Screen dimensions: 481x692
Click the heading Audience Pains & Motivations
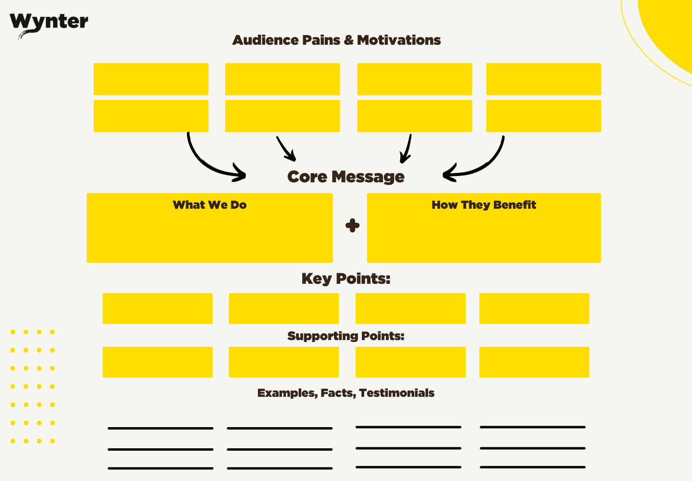tap(336, 40)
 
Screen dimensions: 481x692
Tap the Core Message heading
tap(346, 177)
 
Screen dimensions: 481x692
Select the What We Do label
tap(210, 205)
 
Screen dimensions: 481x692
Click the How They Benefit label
tap(483, 205)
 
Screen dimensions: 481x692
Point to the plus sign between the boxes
tap(352, 226)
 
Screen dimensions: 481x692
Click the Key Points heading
tap(346, 278)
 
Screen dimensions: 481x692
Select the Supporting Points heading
tap(346, 336)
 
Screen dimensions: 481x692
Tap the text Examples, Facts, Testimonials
tap(346, 393)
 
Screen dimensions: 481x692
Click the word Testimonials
tap(396, 393)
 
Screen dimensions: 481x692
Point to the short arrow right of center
tap(407, 149)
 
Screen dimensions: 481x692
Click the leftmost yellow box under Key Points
tap(158, 308)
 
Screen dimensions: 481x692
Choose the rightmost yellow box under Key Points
tap(534, 308)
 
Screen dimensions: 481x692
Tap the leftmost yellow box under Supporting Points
tap(158, 362)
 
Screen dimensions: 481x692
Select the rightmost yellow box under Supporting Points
tap(534, 362)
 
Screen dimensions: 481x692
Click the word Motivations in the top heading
tap(399, 40)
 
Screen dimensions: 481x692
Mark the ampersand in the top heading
tap(349, 40)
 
